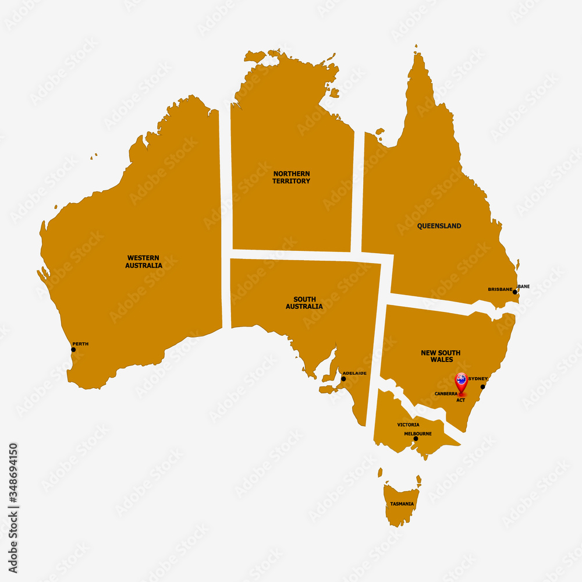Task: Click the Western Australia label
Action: (144, 261)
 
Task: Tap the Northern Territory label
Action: (291, 177)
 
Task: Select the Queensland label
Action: (439, 226)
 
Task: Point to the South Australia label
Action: (304, 303)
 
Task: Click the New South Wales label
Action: (441, 356)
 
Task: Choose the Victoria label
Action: (408, 425)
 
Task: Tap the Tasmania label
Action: (402, 503)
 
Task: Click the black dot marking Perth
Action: (73, 349)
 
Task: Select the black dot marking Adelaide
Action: (343, 379)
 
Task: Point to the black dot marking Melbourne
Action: (416, 438)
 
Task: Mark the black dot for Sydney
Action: (482, 386)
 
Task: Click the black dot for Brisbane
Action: (515, 292)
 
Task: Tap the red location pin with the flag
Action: (461, 382)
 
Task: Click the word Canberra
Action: (446, 394)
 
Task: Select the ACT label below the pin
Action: (461, 400)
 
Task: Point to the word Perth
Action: (80, 344)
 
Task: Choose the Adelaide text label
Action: (354, 373)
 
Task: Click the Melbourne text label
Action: (418, 434)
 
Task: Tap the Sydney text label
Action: (478, 379)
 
